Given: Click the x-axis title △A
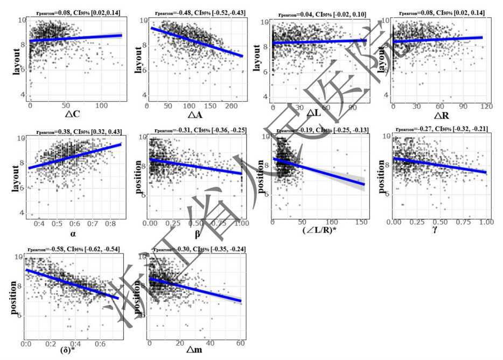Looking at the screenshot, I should [x=197, y=115].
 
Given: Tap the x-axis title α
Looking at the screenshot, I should [x=74, y=234].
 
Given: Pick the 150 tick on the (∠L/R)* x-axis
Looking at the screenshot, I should [x=361, y=223].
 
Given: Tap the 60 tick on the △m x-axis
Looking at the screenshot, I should [x=240, y=343].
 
